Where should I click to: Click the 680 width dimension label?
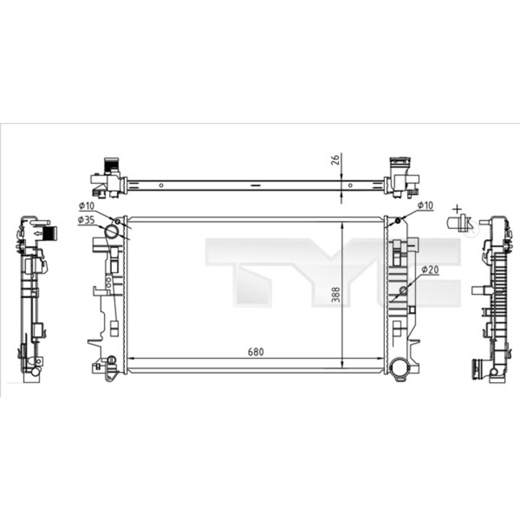point(256,352)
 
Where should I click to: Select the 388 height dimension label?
point(336,295)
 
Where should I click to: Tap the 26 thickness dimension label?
point(335,160)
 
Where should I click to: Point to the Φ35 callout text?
point(86,220)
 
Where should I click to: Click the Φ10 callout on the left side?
point(87,206)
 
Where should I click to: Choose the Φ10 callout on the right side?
point(425,205)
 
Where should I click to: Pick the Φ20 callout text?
point(430,270)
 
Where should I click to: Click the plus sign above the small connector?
point(457,209)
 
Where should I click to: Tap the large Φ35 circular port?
point(111,232)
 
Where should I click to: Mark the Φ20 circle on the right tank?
point(404,291)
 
